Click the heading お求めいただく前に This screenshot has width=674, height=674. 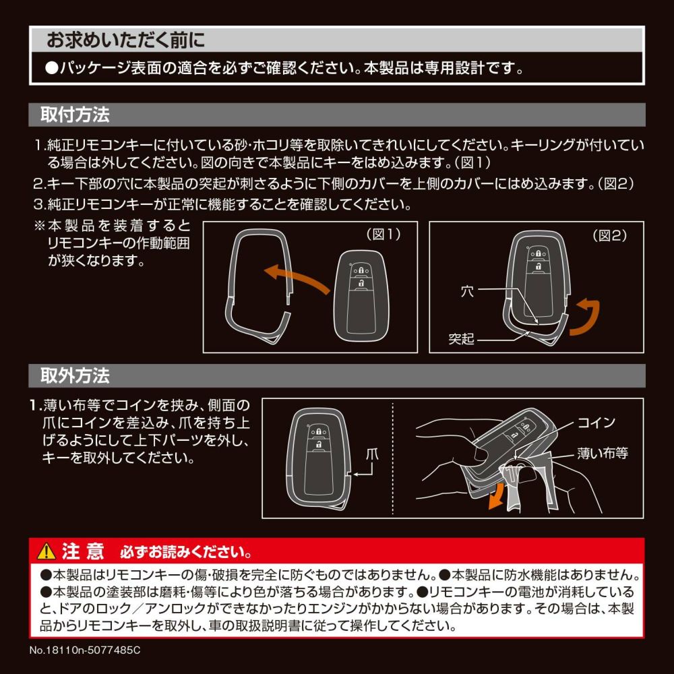point(125,40)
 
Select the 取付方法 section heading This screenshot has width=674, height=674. point(75,115)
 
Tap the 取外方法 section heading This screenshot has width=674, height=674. point(75,375)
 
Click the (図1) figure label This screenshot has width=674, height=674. point(384,235)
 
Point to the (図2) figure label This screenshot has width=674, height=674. point(609,235)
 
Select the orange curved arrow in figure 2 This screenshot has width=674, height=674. point(586,317)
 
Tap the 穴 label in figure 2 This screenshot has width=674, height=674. point(467,291)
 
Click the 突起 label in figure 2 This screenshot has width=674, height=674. point(461,339)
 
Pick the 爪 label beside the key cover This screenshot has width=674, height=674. point(372,454)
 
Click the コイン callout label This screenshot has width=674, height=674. point(596,423)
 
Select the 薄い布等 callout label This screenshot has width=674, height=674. point(603,453)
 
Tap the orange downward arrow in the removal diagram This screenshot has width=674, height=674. point(497,495)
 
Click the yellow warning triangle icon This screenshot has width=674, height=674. point(47,551)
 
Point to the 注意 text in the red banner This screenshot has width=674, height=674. point(83,551)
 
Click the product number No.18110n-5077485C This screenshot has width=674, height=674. point(85,650)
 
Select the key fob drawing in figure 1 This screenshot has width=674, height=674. point(361,296)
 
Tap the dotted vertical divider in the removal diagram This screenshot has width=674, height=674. point(393,458)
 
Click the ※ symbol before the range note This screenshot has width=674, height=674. point(40,225)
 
